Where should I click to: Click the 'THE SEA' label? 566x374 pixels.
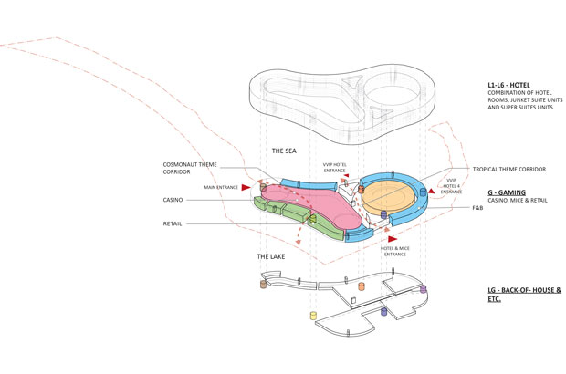(288, 150)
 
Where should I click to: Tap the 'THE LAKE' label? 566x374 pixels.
(273, 257)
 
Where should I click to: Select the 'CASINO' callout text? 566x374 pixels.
(175, 200)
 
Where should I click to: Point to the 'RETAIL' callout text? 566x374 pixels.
(175, 222)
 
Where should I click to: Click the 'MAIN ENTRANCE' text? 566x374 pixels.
(220, 188)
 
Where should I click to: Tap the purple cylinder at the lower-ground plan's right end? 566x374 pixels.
(424, 289)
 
